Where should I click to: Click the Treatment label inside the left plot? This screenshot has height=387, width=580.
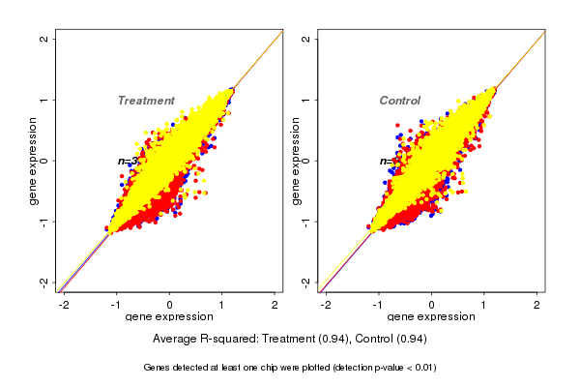(x=146, y=101)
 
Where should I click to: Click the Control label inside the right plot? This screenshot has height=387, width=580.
(x=400, y=101)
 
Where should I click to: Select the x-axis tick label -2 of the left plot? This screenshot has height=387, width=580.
(x=64, y=305)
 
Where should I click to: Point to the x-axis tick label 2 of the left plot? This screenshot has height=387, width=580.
(x=275, y=305)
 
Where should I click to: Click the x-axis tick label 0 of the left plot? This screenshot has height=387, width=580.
(x=170, y=305)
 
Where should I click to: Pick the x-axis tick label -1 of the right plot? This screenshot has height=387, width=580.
(x=378, y=305)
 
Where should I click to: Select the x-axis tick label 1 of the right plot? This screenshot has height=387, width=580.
(x=484, y=305)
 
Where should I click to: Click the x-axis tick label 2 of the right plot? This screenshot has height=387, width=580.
(x=537, y=305)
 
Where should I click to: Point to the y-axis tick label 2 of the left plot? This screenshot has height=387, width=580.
(x=44, y=39)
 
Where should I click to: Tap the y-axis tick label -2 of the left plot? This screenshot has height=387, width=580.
(x=44, y=282)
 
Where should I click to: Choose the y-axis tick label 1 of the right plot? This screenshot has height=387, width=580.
(x=306, y=100)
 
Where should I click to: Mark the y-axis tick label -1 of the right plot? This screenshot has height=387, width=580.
(x=306, y=222)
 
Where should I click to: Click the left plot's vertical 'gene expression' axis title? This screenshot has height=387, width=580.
(x=33, y=161)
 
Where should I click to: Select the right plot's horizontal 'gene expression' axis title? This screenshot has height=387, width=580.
(x=431, y=317)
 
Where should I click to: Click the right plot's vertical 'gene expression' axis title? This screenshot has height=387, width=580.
(x=294, y=161)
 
